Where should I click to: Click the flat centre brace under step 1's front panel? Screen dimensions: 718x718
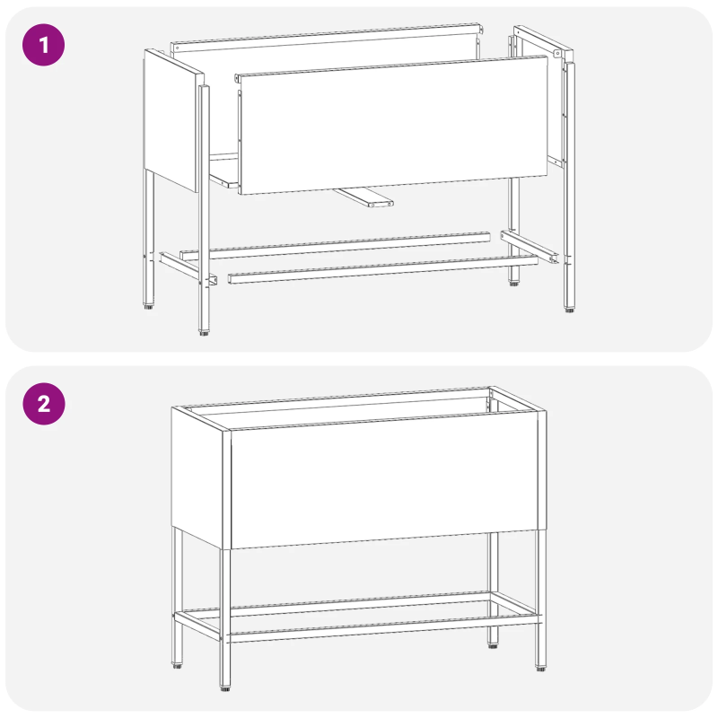click(363, 197)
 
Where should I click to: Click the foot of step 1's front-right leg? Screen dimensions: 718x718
click(569, 310)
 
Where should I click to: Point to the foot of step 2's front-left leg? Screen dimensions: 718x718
click(224, 690)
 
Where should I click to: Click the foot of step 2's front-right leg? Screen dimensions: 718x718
click(540, 668)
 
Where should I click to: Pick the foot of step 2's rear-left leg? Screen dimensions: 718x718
click(174, 666)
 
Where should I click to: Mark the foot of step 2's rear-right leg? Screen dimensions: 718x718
click(493, 644)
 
